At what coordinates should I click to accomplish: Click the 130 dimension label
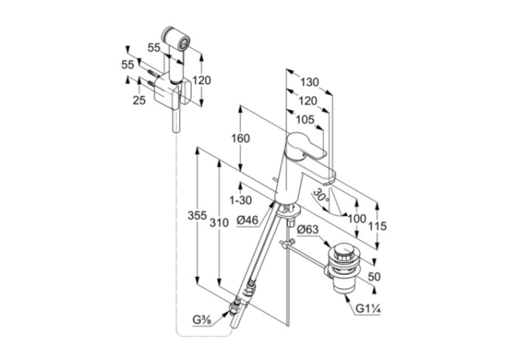pos(310,82)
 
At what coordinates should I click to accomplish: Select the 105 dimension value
pos(305,120)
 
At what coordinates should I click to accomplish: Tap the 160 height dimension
pos(240,138)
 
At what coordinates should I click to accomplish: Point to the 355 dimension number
pos(197,215)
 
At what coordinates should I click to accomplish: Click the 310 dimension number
pos(219,223)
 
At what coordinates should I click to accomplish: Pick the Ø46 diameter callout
pos(248,221)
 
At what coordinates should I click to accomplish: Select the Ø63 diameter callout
pos(307,230)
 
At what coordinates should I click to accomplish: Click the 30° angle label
pos(321,196)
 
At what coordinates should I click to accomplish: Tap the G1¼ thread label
pos(368,308)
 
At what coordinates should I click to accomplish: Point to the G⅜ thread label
pos(202,320)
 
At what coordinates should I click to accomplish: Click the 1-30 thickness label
pos(240,200)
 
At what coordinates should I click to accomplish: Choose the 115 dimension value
pos(377,226)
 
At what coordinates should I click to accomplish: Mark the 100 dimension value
pos(357,219)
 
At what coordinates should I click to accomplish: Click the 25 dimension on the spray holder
pos(139,100)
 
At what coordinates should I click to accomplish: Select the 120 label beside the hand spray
pos(201,80)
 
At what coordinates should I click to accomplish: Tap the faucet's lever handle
pos(306,147)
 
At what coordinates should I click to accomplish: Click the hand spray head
pos(176,38)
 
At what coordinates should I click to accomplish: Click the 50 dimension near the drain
pos(374,277)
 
